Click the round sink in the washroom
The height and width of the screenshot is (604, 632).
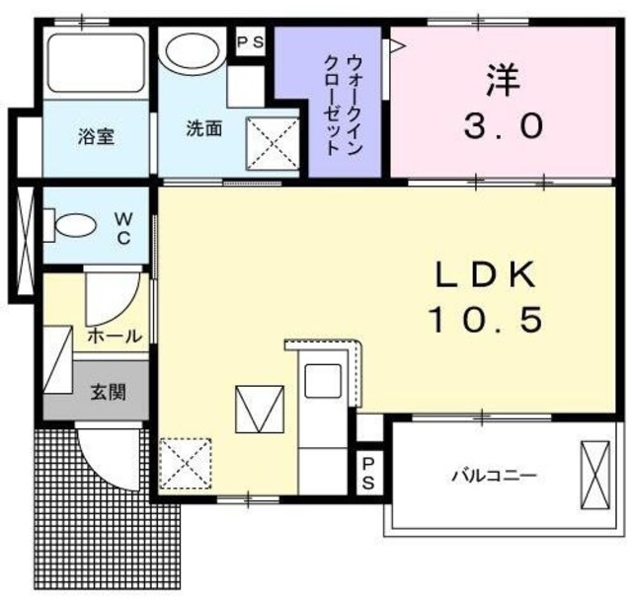(194, 51)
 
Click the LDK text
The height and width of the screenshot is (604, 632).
(485, 273)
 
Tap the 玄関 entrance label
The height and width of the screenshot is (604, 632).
(108, 391)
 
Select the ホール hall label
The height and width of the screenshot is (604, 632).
(115, 336)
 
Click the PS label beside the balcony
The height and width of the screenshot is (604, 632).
(367, 473)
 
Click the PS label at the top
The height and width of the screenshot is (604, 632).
(251, 41)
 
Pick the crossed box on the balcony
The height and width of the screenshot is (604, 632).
(596, 476)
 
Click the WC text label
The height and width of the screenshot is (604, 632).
(126, 227)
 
